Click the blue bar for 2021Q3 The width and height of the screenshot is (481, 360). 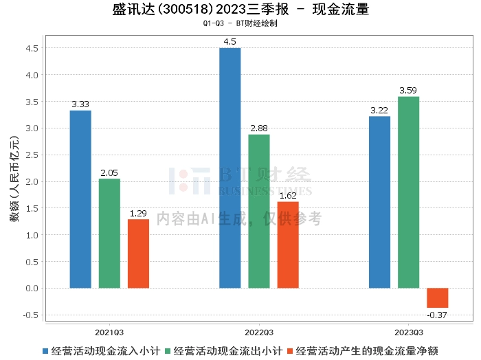pyautogui.click(x=80, y=199)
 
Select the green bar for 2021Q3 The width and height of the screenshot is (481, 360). pyautogui.click(x=109, y=234)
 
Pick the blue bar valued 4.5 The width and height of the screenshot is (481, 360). pyautogui.click(x=230, y=168)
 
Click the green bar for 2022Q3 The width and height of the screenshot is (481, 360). pyautogui.click(x=259, y=211)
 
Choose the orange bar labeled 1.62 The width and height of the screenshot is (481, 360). pyautogui.click(x=288, y=245)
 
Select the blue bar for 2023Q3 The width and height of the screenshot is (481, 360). pyautogui.click(x=379, y=202)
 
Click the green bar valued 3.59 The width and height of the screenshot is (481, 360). pyautogui.click(x=408, y=192)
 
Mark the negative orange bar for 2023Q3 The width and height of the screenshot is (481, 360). pyautogui.click(x=437, y=298)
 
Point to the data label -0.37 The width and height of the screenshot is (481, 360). pyautogui.click(x=437, y=315)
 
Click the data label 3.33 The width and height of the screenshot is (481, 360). pyautogui.click(x=80, y=104)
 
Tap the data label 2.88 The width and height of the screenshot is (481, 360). pyautogui.click(x=259, y=128)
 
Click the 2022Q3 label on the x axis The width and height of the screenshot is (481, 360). pyautogui.click(x=259, y=330)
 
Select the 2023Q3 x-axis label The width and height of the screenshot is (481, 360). pyautogui.click(x=408, y=330)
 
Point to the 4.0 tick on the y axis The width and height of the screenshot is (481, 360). pyautogui.click(x=32, y=75)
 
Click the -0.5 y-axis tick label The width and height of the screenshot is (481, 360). pyautogui.click(x=31, y=315)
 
